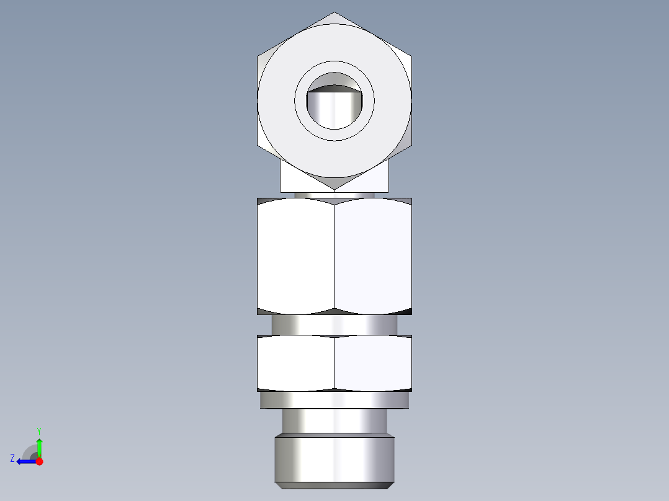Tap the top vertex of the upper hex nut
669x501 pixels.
click(x=334, y=12)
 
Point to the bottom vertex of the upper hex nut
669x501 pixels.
click(x=334, y=189)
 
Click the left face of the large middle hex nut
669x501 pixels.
click(x=295, y=255)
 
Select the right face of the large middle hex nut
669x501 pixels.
click(x=373, y=255)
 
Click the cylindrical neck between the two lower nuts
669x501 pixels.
click(x=334, y=324)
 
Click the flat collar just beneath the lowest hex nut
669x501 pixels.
click(x=334, y=401)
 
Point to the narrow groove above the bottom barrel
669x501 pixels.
click(x=334, y=421)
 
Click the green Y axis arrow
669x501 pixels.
click(x=39, y=446)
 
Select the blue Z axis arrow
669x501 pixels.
click(x=25, y=461)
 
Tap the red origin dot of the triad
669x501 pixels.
click(x=39, y=461)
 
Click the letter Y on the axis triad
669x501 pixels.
click(x=38, y=430)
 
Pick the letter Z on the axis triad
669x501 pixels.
click(x=12, y=458)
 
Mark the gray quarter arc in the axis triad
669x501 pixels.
click(x=29, y=450)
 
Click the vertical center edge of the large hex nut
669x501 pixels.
click(x=334, y=255)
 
